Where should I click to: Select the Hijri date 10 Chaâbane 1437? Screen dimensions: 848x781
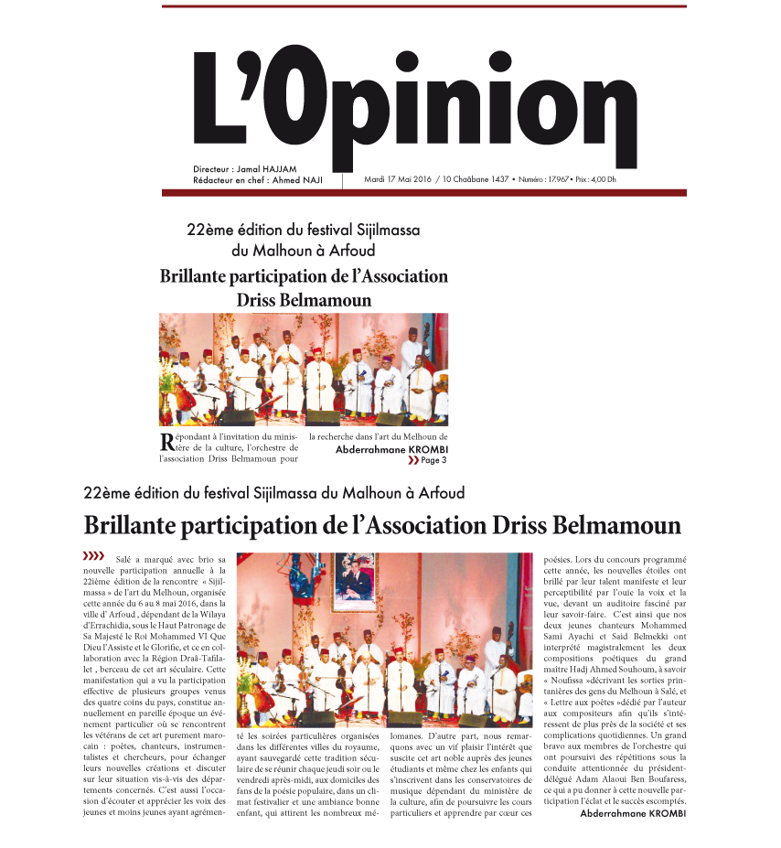(474, 178)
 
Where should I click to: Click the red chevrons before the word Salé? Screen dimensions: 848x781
(93, 555)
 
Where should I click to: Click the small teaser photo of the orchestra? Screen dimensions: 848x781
(304, 369)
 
